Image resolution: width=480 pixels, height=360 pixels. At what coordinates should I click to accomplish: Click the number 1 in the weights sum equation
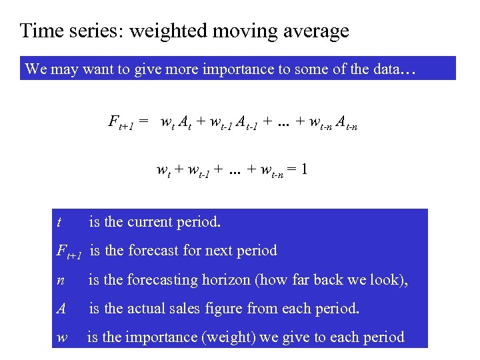[x=303, y=169]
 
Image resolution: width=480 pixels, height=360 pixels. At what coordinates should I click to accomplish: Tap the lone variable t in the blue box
[x=60, y=223]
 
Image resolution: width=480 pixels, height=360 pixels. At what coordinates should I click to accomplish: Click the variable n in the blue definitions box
[x=61, y=281]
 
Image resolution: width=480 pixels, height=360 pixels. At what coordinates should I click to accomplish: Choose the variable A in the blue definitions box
[x=61, y=309]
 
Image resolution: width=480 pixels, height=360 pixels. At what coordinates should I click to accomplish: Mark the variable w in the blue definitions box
[x=62, y=337]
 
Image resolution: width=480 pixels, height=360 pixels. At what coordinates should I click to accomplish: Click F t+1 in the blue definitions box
[x=69, y=252]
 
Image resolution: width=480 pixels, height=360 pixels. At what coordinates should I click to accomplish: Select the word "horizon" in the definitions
[x=227, y=280]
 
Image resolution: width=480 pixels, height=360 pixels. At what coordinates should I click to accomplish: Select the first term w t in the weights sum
[x=163, y=171]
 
